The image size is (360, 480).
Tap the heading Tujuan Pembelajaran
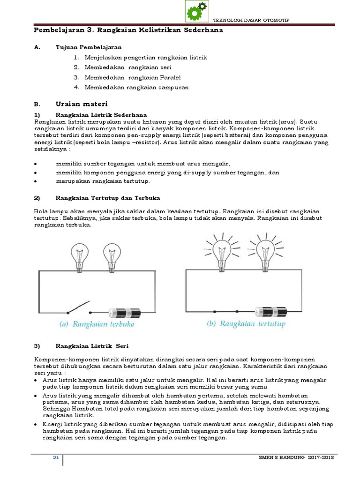(89, 47)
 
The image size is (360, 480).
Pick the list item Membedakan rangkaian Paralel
(133, 77)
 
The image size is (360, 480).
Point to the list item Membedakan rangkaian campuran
(137, 88)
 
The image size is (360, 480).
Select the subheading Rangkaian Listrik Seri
(89, 346)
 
